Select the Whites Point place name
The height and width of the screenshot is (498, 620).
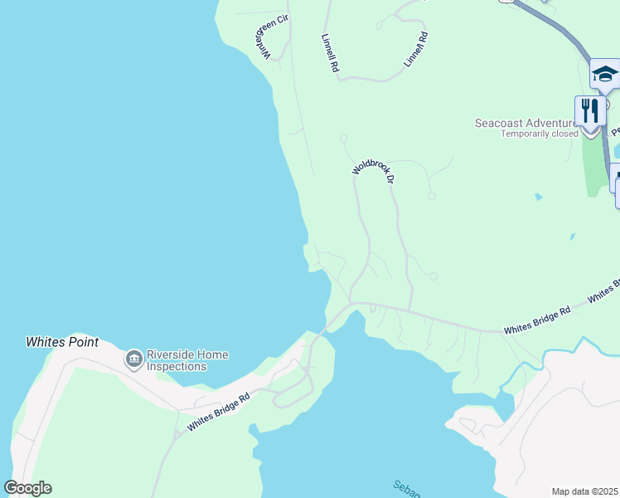62,342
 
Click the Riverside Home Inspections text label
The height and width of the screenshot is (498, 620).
186,360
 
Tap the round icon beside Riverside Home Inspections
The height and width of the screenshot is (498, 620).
133,359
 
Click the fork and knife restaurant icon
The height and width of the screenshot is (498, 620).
589,110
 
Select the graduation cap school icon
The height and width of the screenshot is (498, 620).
604,74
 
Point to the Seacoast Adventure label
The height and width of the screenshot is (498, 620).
524,123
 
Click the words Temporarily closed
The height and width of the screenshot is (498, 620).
539,134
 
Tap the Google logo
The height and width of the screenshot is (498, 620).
27,488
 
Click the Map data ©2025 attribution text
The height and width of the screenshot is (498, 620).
585,491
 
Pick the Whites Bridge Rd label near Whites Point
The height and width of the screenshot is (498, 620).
218,413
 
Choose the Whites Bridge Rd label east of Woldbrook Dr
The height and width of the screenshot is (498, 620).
537,320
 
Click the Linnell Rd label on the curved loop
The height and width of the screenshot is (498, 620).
415,50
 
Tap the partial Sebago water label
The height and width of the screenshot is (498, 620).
406,488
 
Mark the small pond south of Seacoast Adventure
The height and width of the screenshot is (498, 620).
540,197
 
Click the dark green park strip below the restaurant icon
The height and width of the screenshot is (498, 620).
593,166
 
